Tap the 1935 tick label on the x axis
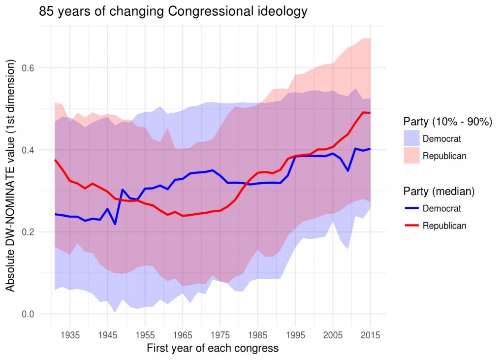coord(70,335)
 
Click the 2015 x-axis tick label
coord(370,335)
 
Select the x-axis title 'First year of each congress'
coord(213,349)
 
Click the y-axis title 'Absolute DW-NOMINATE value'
coord(11,175)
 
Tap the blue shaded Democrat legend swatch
coord(411,138)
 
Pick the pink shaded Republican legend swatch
coord(411,156)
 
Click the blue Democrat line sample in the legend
coord(411,208)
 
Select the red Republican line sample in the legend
coord(411,226)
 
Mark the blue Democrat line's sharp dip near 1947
coord(115,224)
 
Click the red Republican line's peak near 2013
coord(363,112)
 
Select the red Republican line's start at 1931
coord(55,160)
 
